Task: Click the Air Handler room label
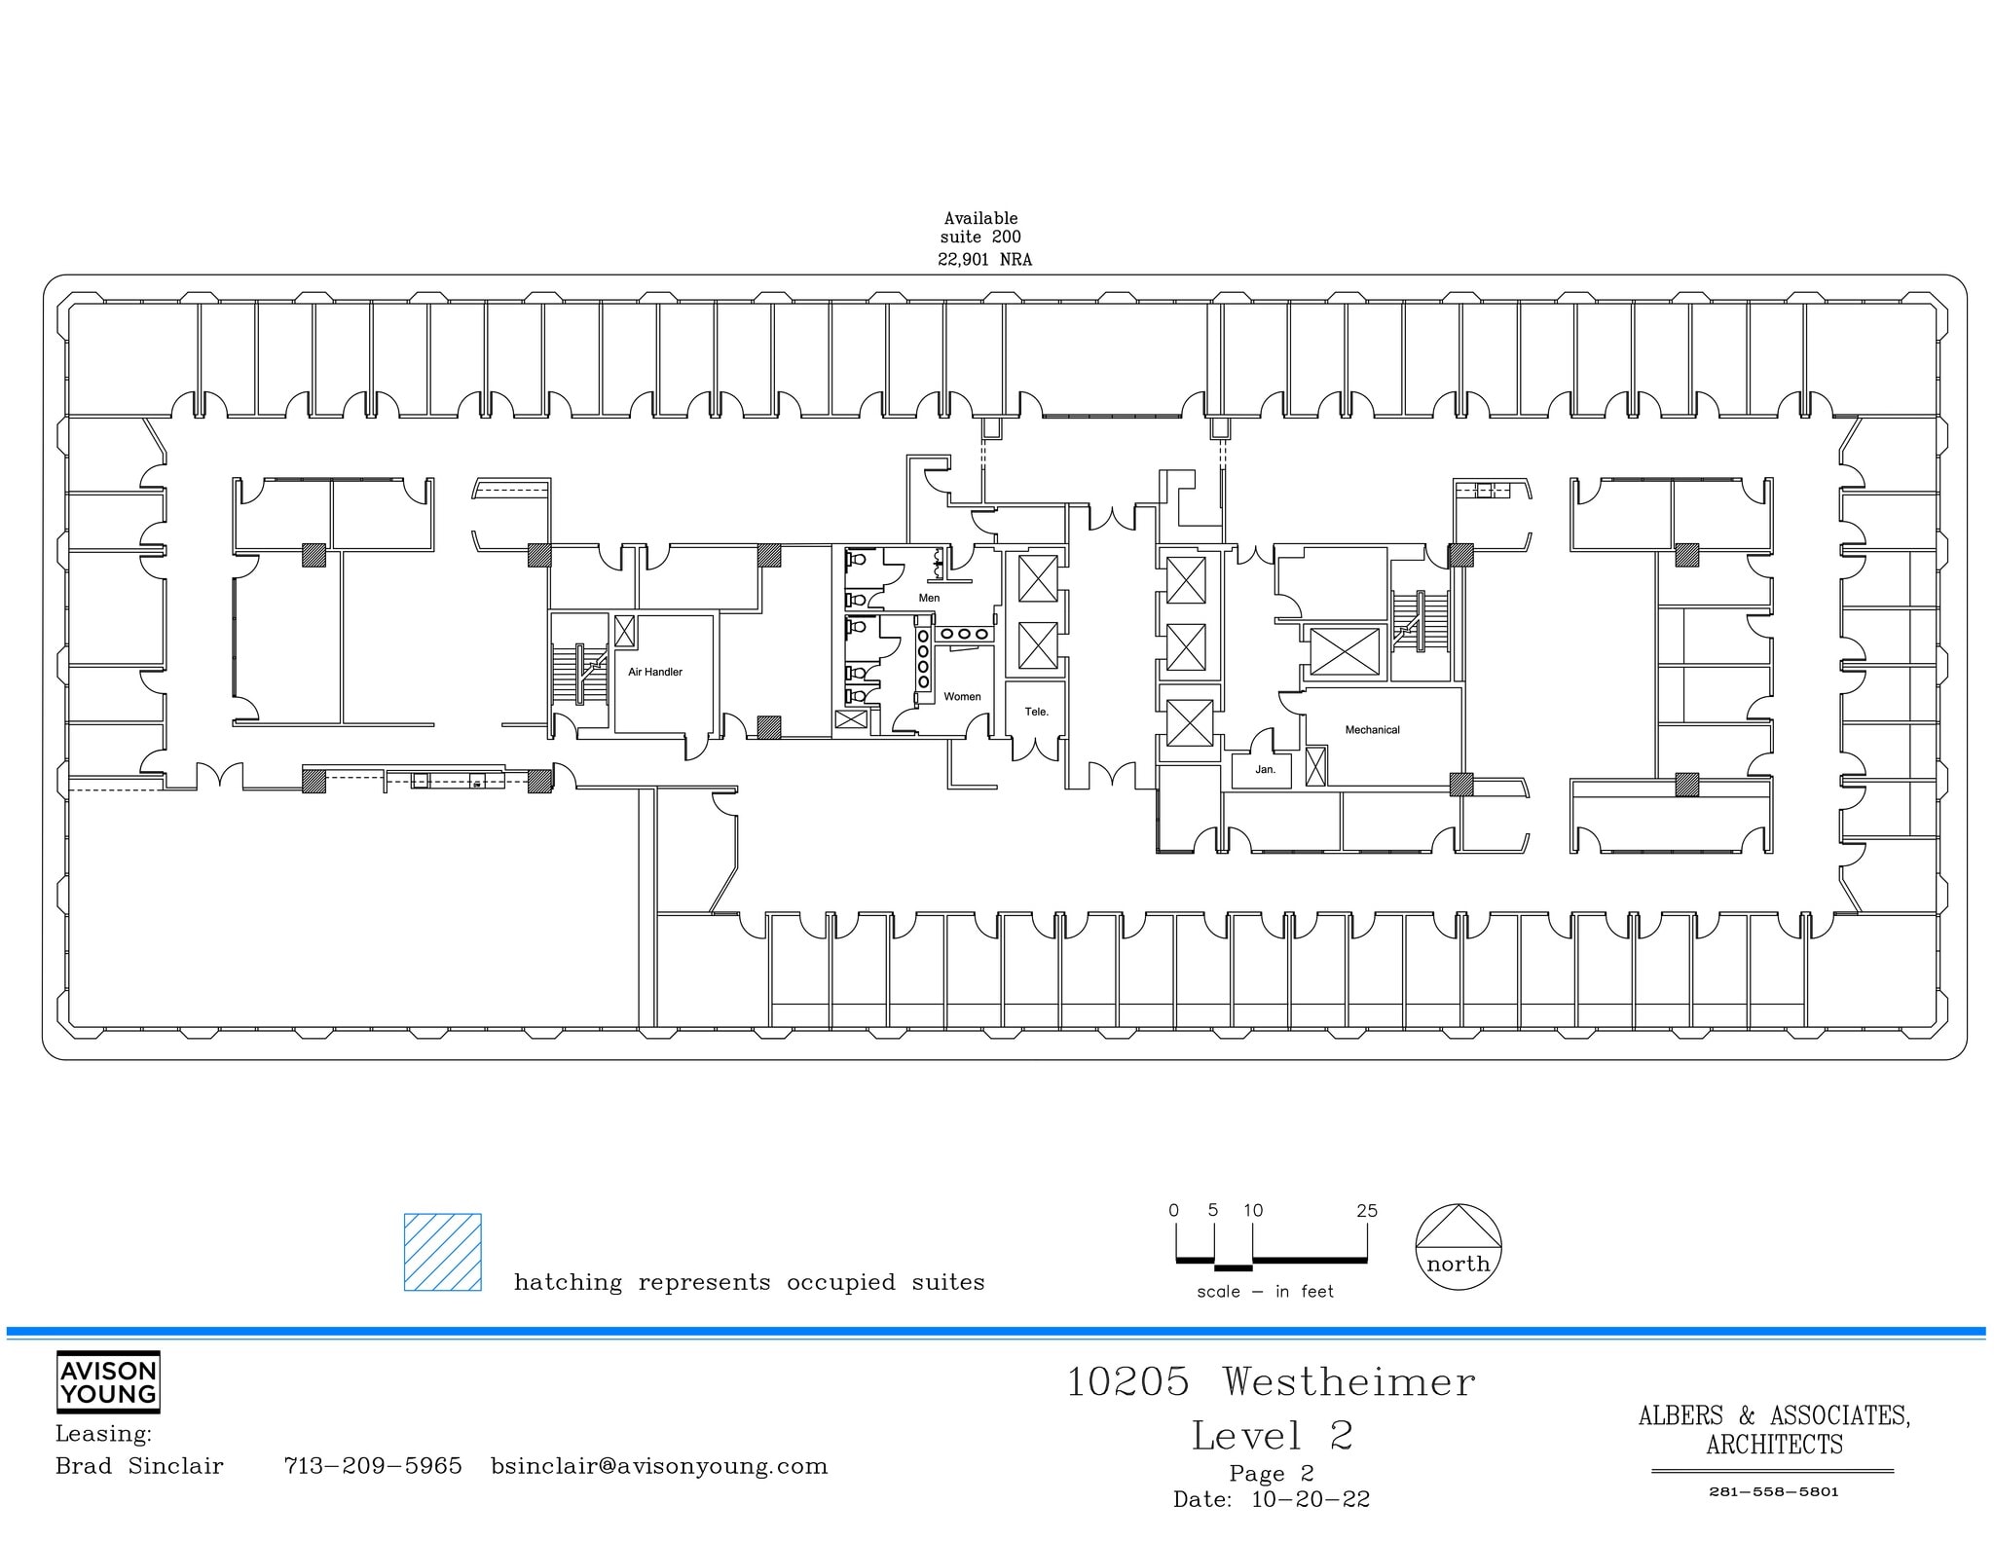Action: click(654, 672)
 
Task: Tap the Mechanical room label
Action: click(1372, 729)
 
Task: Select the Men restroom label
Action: click(929, 598)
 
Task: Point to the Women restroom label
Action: click(962, 696)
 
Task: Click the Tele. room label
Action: click(1036, 712)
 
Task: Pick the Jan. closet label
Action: click(1265, 769)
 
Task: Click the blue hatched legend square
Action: click(443, 1252)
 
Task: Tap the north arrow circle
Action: click(1458, 1247)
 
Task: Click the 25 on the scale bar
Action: click(1366, 1211)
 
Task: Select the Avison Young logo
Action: click(108, 1381)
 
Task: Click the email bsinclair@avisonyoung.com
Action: click(659, 1466)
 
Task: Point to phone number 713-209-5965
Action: click(373, 1466)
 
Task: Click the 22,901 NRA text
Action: click(984, 260)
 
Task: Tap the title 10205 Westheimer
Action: click(1271, 1382)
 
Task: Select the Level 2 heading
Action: click(1272, 1436)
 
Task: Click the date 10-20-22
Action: click(1310, 1500)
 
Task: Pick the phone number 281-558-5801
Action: click(1773, 1492)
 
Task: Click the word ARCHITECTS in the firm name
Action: click(1774, 1445)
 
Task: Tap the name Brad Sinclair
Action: click(139, 1466)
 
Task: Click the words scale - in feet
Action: click(1265, 1292)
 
